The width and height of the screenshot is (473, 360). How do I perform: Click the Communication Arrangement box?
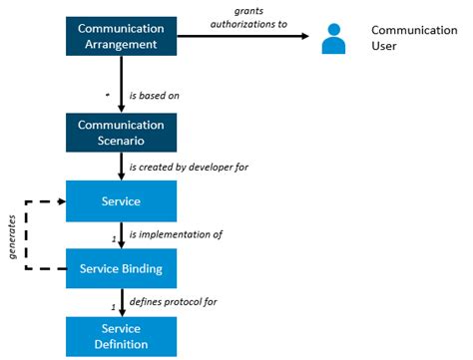pos(121,36)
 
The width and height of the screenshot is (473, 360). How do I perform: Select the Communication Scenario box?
pos(121,133)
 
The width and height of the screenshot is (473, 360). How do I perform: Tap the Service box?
pos(121,200)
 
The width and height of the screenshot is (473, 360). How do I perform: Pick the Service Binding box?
pos(121,269)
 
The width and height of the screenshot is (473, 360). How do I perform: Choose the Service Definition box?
pos(121,336)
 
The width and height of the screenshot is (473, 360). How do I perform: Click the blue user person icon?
pos(334,40)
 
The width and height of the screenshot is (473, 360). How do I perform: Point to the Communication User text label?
pos(413,39)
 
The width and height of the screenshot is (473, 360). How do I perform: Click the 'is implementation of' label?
pos(175,235)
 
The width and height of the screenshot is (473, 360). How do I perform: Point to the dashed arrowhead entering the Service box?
pos(59,201)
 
